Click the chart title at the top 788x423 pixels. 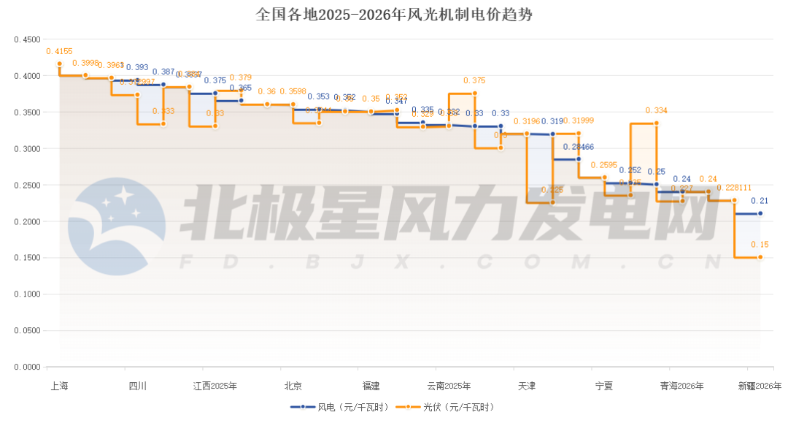point(394,14)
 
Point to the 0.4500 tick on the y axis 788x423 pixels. point(27,39)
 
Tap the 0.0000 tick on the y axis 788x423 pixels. point(27,367)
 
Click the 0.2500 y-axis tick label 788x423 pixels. point(27,185)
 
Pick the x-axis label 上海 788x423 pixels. point(58,386)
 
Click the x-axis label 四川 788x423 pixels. point(137,386)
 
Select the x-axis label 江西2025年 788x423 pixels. point(215,386)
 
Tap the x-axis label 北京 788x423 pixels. point(293,386)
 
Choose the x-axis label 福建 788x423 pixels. point(371,386)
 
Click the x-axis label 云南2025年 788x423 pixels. point(448,386)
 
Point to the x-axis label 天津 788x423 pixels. point(526,386)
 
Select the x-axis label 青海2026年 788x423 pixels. point(681,386)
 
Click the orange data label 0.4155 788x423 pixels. point(59,51)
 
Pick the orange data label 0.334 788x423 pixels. point(656,110)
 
